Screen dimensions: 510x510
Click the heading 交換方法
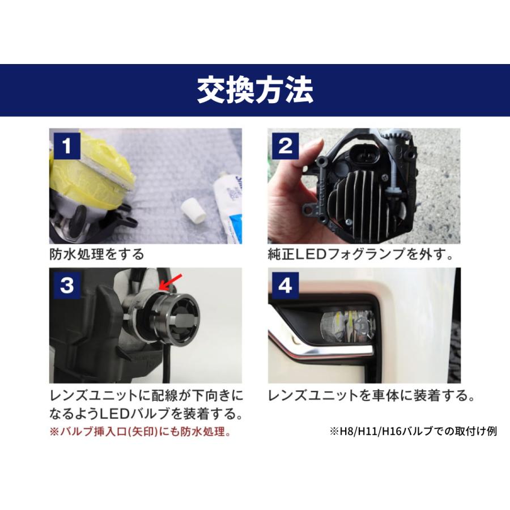[255, 91]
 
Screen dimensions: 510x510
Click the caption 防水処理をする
[96, 253]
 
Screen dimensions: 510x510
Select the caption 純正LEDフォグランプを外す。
[360, 253]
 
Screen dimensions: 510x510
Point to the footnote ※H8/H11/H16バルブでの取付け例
[413, 431]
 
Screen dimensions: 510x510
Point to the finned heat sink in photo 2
[363, 204]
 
